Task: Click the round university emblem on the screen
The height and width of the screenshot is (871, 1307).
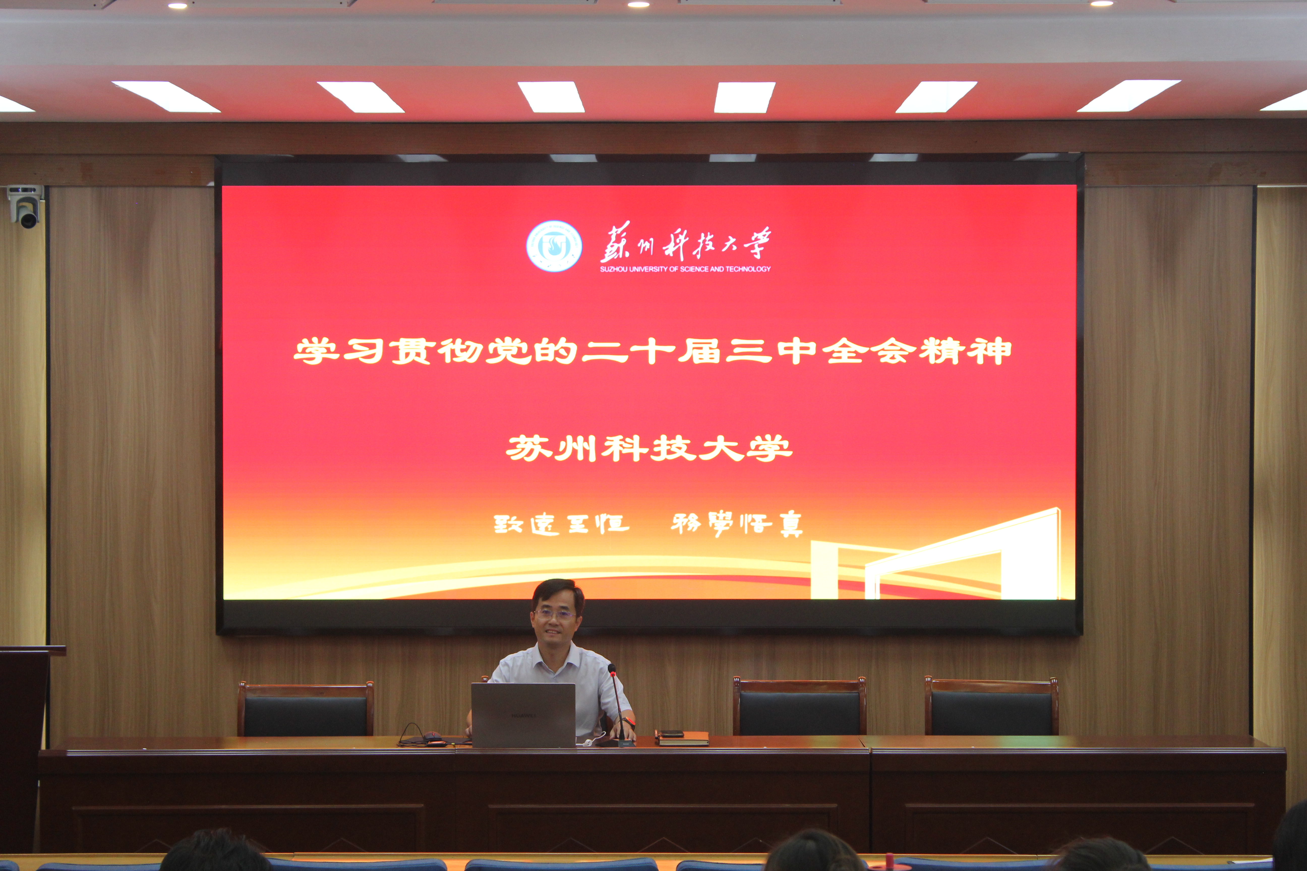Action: pos(554,246)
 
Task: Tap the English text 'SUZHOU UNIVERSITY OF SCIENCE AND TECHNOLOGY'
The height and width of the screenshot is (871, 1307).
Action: pos(685,269)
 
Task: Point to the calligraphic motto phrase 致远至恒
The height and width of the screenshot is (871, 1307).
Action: pos(561,523)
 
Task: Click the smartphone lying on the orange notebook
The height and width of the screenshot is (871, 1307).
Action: pos(671,733)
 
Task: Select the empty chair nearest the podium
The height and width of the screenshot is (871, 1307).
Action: pos(306,709)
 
